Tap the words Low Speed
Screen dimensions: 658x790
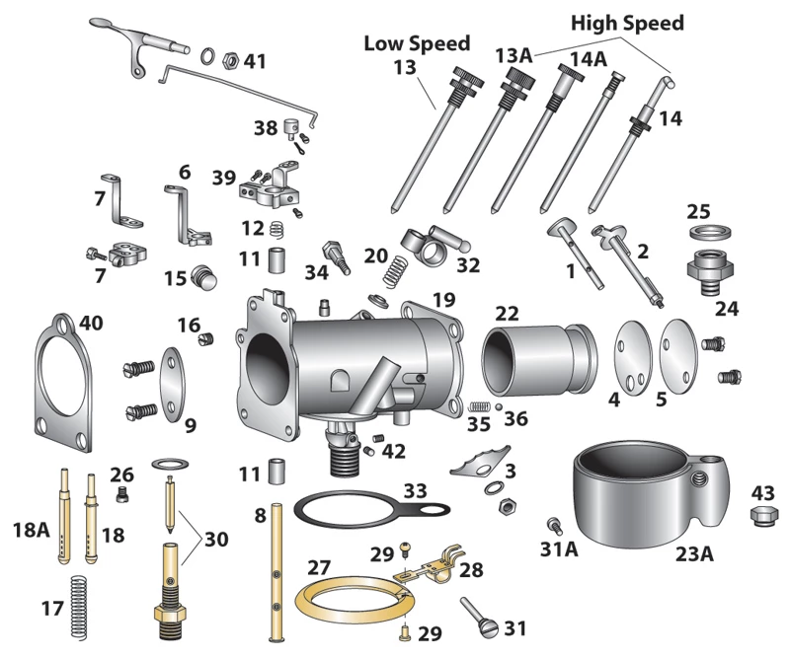[x=417, y=44]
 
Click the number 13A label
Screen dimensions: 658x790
[x=513, y=54]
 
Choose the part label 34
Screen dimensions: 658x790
[x=316, y=271]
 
